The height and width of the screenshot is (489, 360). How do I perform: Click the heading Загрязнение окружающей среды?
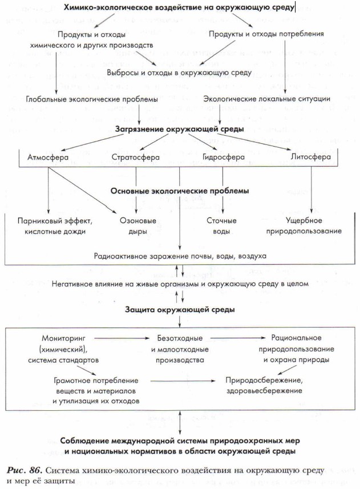click(180, 129)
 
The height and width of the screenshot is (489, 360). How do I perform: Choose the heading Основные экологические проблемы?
click(180, 191)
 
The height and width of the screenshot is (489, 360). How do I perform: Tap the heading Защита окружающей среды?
click(180, 309)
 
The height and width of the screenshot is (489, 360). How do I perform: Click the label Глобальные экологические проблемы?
click(92, 99)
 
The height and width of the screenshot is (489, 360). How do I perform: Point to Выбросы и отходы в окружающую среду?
click(179, 72)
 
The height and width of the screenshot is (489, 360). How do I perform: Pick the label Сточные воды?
click(218, 226)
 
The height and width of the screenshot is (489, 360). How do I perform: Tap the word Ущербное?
click(313, 221)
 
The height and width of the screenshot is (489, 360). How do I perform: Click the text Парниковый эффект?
click(55, 221)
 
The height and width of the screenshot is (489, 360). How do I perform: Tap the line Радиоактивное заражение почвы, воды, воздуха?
click(180, 256)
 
